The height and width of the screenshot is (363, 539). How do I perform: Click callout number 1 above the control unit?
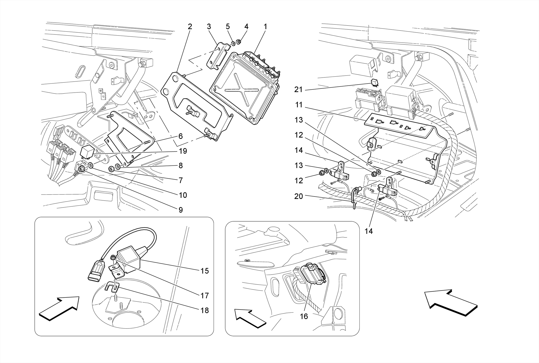click(265, 27)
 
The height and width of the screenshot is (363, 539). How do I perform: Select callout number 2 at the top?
click(190, 27)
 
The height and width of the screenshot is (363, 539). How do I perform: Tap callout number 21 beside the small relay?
click(298, 90)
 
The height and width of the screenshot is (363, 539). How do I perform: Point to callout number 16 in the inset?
click(304, 316)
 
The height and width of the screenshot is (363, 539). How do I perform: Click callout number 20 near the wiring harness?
click(298, 196)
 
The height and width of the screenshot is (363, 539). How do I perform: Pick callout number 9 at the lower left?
click(181, 210)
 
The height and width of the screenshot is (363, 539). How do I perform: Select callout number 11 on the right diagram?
click(299, 105)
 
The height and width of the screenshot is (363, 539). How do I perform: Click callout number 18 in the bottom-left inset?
click(204, 310)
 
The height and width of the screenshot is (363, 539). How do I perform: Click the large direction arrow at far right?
click(450, 303)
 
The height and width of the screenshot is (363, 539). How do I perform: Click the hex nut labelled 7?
click(111, 168)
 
